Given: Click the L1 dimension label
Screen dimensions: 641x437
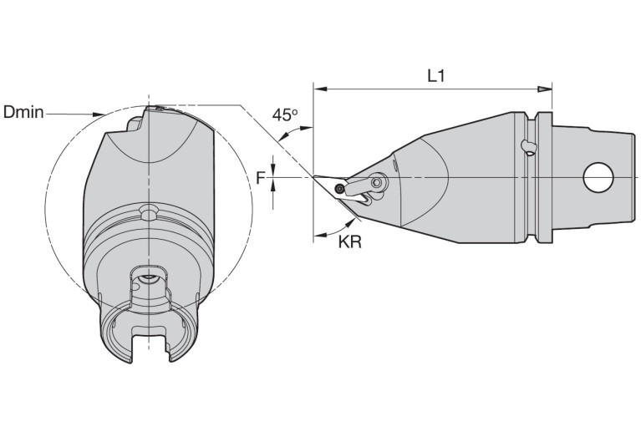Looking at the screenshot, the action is click(x=435, y=76).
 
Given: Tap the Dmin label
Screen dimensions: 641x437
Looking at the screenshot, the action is click(x=23, y=112).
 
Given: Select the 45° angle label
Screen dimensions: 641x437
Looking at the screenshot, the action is click(x=285, y=114).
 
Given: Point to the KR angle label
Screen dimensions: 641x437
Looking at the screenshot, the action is click(x=350, y=242).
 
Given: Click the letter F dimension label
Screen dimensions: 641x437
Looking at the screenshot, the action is click(x=261, y=178).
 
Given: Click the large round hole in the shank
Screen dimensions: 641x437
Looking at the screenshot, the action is click(x=598, y=177).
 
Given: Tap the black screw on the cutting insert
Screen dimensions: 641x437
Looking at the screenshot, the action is click(x=339, y=189).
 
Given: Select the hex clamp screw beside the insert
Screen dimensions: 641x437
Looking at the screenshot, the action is click(x=378, y=182).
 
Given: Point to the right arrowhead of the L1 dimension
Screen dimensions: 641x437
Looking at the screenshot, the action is click(x=545, y=89).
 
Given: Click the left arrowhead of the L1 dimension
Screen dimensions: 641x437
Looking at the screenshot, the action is click(x=321, y=89).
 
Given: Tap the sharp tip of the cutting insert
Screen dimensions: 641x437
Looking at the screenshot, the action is click(x=314, y=176).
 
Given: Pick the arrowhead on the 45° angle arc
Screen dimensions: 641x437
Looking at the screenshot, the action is click(x=306, y=129).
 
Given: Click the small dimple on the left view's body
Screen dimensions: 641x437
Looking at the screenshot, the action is click(x=148, y=212).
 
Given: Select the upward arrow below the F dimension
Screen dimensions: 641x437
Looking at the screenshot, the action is click(x=273, y=187).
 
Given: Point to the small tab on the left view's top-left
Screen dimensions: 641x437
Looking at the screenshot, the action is click(x=135, y=124).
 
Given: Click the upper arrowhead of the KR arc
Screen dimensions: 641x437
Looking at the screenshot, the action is click(x=350, y=222).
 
